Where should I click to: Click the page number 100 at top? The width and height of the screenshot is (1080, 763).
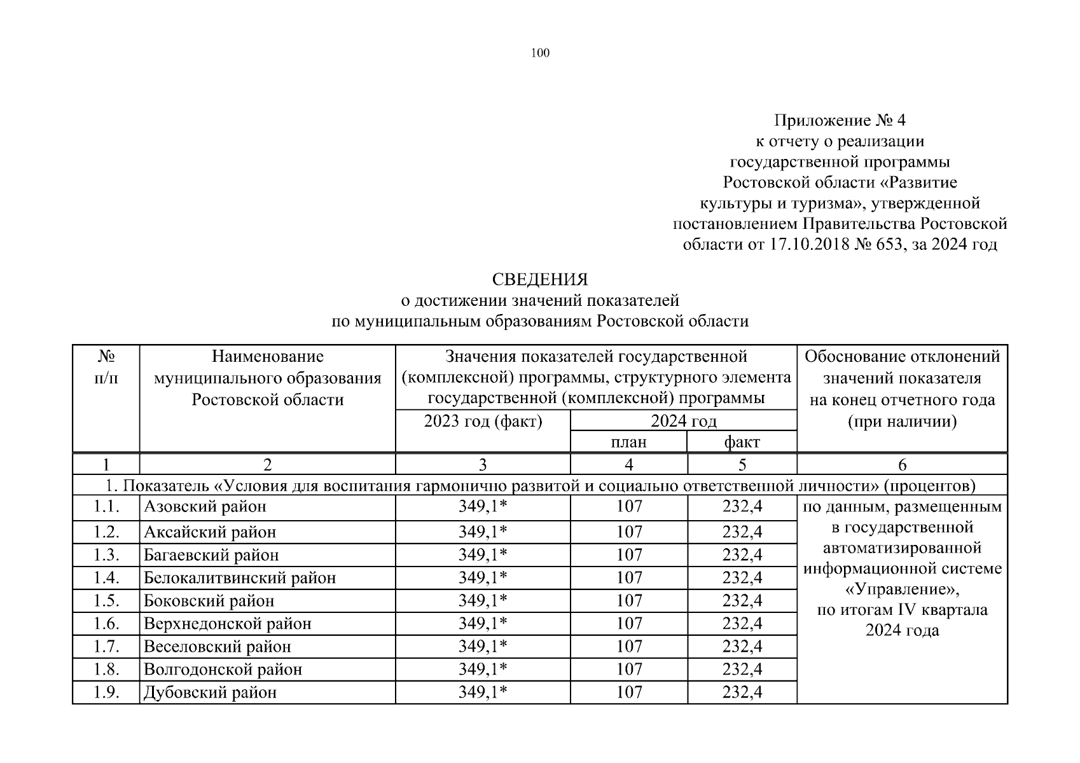coord(539,53)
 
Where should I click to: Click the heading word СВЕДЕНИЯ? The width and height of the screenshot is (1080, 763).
coord(539,280)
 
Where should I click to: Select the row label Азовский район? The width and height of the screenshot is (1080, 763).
coord(205,507)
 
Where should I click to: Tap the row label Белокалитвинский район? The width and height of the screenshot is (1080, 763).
coord(240,578)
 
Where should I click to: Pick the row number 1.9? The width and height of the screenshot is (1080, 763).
coord(106,692)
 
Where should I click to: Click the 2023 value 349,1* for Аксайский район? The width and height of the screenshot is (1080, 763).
coord(483,532)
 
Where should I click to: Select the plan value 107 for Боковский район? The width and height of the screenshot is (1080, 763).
coord(628,601)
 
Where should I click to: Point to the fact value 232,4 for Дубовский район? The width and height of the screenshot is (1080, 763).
coord(742,692)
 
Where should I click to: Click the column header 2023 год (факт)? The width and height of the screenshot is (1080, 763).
coord(483,421)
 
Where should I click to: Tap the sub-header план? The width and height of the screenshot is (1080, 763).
coord(628,442)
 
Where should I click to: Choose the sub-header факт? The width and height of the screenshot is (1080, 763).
coord(742,442)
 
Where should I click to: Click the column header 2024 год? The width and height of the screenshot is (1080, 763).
coord(683,421)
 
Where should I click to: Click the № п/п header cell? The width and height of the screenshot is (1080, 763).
coord(106,368)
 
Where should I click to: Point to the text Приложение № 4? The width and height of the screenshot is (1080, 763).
coord(839,121)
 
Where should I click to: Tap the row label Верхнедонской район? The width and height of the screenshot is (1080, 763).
coord(228,624)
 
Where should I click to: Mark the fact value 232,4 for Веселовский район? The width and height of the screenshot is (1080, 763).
coord(742,647)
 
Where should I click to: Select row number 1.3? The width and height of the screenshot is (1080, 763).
coord(106,555)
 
